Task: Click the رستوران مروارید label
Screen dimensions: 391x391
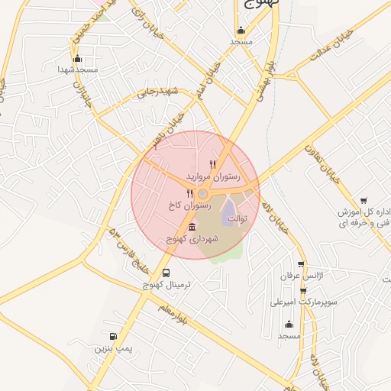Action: coord(213,176)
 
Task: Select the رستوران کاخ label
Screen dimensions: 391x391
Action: coord(191,205)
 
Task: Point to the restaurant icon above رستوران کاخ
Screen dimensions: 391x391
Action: coord(190,193)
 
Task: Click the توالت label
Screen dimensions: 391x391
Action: coord(239,219)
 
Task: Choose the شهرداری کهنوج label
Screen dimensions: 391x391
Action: coord(192,239)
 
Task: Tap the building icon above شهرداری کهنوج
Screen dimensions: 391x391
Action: coord(191,228)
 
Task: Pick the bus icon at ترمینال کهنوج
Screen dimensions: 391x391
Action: coord(166,273)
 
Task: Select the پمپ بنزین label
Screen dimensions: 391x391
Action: coord(114,348)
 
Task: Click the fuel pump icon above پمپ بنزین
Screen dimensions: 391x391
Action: coord(114,336)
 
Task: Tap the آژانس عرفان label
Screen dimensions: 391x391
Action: coord(300,275)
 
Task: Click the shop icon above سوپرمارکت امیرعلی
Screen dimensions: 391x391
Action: coord(303,290)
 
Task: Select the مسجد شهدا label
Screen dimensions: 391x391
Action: coord(77,69)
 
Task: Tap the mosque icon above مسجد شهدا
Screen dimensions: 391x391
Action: coord(76,58)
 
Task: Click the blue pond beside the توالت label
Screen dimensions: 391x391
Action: coord(230,214)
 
